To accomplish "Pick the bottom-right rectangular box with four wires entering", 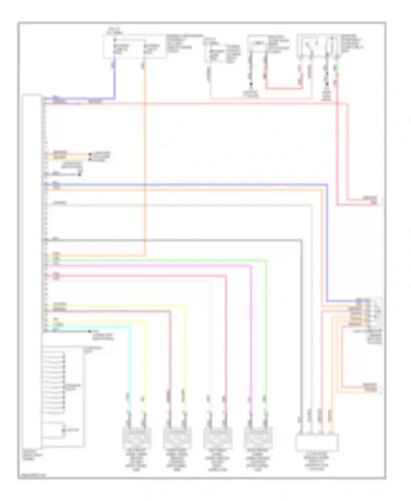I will click(x=316, y=443).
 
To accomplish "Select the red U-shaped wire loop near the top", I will click(x=284, y=88).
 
